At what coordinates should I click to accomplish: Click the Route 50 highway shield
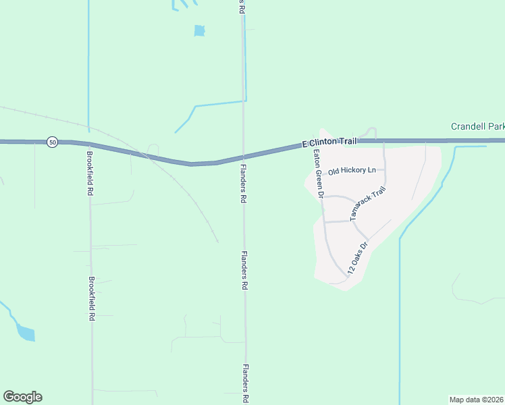53,142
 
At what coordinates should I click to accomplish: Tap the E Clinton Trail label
328,143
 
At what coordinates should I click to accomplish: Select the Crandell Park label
477,126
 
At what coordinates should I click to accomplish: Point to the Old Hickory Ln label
351,171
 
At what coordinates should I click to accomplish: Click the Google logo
22,397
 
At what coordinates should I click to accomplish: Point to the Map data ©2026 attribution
476,400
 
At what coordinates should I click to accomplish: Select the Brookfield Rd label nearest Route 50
89,173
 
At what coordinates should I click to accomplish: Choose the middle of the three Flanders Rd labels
244,271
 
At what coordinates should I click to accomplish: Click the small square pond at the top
199,30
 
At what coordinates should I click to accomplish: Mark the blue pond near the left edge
25,333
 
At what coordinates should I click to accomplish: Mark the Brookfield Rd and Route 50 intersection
89,144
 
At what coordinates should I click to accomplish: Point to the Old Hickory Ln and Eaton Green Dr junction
318,175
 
